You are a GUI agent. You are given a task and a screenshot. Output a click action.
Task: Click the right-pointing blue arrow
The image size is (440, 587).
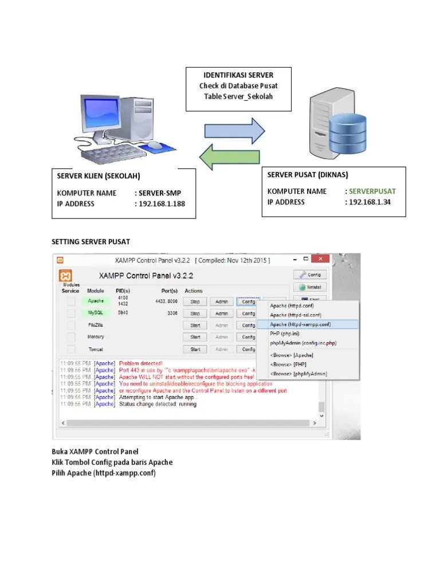pyautogui.click(x=235, y=131)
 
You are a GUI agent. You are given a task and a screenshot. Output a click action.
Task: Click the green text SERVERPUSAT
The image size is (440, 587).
pyautogui.click(x=372, y=191)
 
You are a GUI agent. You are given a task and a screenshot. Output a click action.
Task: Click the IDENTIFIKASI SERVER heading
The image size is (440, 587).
pyautogui.click(x=238, y=75)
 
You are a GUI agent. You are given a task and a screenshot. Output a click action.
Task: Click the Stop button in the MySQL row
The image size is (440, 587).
pyautogui.click(x=195, y=314)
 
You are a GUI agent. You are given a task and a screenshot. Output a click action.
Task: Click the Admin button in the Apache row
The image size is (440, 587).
pyautogui.click(x=222, y=302)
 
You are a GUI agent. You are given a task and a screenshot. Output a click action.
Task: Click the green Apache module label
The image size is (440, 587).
pyautogui.click(x=95, y=301)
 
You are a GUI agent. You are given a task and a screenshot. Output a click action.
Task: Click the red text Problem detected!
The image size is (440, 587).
pyautogui.click(x=141, y=363)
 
